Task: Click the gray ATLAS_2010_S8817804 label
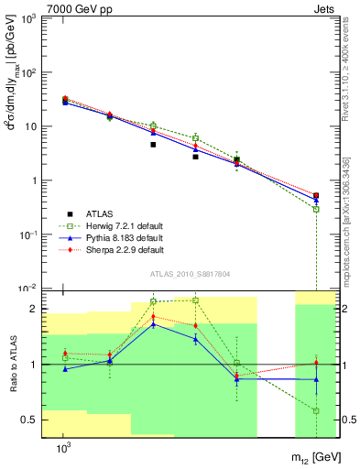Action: coord(191,272)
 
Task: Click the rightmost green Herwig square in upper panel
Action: coord(316,209)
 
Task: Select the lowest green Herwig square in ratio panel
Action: coord(316,410)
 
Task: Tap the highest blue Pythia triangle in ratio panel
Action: coord(153,323)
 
